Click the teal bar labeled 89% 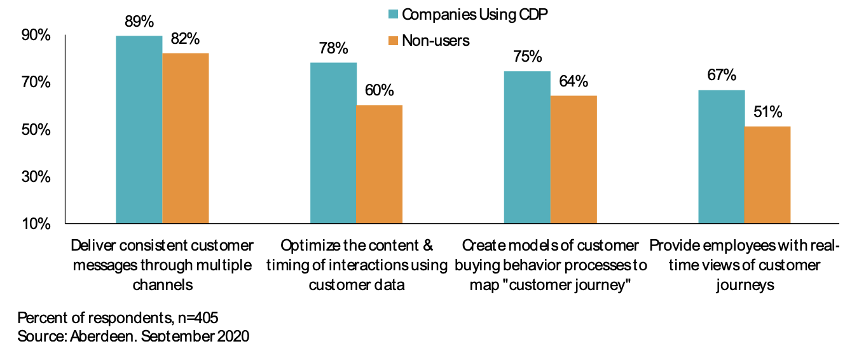coord(139,130)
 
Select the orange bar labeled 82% coord(186,138)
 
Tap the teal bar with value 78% coord(333,143)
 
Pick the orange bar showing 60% coord(380,164)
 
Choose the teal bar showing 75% coord(527,147)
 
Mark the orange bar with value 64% coord(574,160)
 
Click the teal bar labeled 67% coord(722,156)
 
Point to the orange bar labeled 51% coord(767,175)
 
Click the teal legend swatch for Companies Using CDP coord(392,13)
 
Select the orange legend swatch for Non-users coord(392,41)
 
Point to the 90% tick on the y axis coord(36,36)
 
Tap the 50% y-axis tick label coord(36,130)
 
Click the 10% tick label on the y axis coord(36,223)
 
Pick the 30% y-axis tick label coord(36,177)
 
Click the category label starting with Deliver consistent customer coord(162,265)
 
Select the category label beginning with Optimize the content coord(357,265)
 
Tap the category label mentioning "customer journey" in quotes coord(551,265)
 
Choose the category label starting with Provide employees coord(745,265)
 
